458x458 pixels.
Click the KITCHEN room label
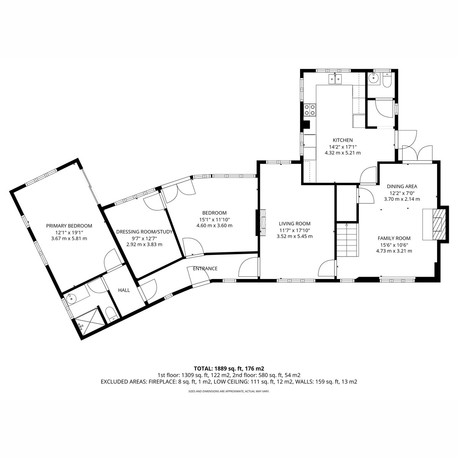point(342,140)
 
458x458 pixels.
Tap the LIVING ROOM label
point(295,224)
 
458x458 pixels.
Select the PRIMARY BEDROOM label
point(69,226)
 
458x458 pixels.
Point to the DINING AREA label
point(402,187)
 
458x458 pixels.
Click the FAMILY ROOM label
point(394,238)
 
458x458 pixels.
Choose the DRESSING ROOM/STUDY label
point(144,232)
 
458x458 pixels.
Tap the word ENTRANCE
point(205,269)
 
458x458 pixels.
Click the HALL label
point(124,290)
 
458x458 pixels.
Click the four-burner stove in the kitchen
point(310,110)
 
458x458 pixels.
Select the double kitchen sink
point(335,79)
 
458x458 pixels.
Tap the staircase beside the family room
point(347,240)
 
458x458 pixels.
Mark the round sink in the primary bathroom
point(71,299)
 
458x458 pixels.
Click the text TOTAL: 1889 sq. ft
point(218,369)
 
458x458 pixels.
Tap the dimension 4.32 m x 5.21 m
point(342,153)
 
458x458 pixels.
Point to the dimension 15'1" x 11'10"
point(214,219)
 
